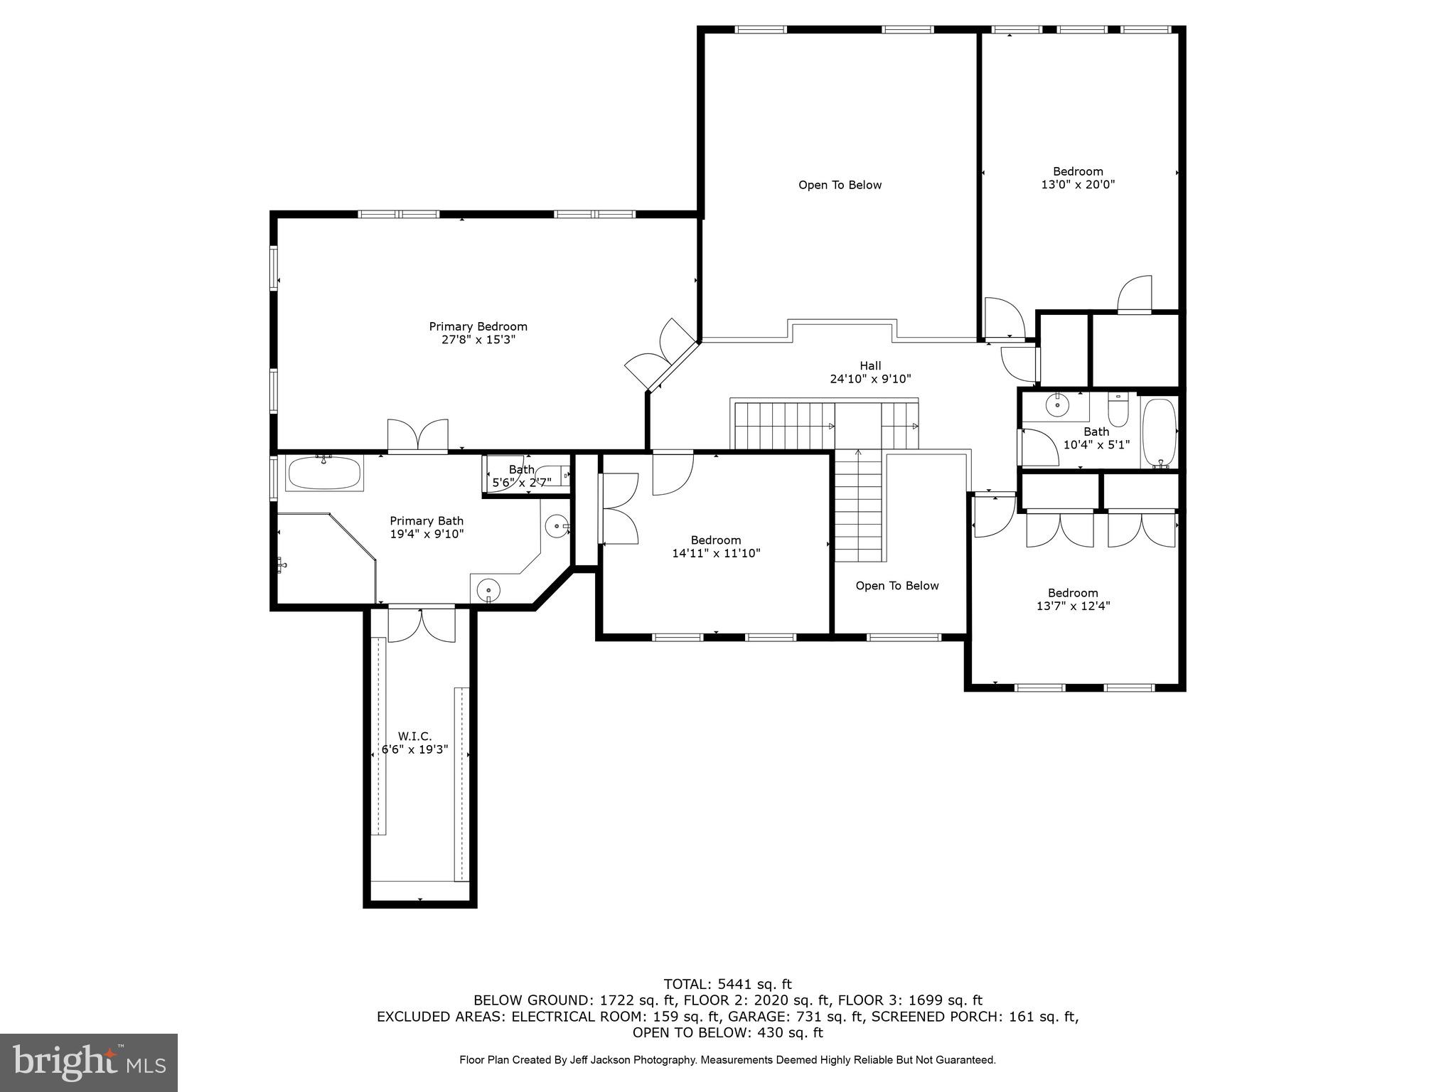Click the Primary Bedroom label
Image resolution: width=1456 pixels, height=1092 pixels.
click(478, 326)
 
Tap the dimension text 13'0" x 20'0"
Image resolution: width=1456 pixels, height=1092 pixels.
click(1078, 185)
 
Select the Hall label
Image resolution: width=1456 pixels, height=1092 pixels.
click(870, 365)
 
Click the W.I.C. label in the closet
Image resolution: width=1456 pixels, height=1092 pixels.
click(414, 737)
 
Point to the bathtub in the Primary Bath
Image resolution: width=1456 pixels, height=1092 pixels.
click(324, 472)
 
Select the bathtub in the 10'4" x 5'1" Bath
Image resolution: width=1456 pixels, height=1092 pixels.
click(1159, 432)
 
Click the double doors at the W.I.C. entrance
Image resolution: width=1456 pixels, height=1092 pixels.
click(421, 623)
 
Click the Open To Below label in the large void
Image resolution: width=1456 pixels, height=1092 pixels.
click(840, 185)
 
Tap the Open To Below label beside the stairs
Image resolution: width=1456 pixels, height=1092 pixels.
click(896, 586)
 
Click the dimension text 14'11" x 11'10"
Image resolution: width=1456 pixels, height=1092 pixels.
click(716, 553)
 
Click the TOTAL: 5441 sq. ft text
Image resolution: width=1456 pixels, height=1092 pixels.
click(727, 985)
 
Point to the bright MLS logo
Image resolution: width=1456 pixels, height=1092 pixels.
click(89, 1062)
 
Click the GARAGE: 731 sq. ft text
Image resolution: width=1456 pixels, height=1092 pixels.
click(789, 1017)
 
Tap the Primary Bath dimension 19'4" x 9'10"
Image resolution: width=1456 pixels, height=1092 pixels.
click(427, 534)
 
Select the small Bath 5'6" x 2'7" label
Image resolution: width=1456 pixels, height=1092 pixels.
click(522, 469)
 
